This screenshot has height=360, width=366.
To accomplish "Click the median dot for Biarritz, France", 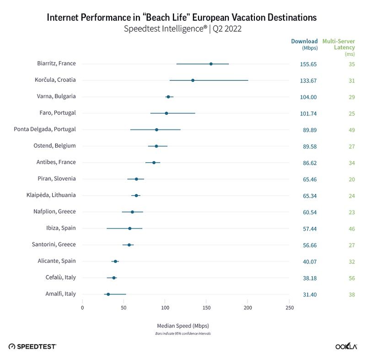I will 211,64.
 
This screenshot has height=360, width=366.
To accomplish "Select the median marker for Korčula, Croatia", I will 193,81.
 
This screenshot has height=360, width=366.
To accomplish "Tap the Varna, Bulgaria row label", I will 56,97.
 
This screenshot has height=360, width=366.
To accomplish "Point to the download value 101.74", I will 308,113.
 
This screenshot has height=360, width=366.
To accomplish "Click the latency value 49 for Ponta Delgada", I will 351,130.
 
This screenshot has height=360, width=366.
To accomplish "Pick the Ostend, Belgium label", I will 57,146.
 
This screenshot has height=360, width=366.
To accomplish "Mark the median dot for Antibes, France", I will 154,162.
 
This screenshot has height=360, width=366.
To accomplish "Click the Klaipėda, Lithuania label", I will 51,195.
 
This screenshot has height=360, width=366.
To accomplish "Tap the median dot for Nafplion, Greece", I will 132,212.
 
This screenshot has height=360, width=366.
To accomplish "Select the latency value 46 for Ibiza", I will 351,229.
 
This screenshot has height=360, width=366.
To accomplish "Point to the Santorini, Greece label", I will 54,245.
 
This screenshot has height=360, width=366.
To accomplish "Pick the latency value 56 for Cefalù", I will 351,278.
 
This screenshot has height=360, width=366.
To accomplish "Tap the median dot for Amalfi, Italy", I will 108,294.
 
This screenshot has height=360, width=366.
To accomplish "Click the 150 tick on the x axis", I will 206,307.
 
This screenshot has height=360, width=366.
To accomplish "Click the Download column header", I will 304,42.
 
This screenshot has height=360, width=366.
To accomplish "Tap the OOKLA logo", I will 346,347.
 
